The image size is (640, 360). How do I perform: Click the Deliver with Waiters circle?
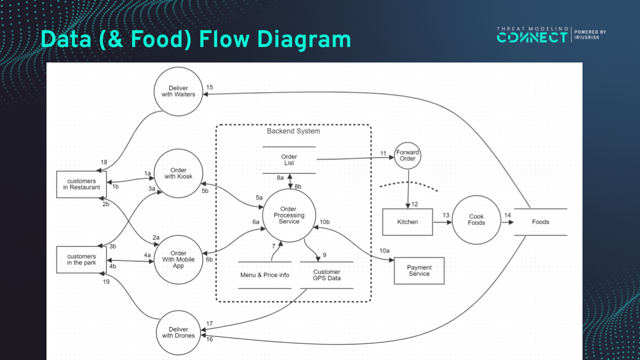pos(178,91)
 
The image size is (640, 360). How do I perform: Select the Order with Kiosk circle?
pos(178,173)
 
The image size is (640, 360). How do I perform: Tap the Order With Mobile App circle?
pos(178,259)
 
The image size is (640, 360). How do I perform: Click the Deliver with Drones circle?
pos(178,332)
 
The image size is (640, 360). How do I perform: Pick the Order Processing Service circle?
pos(289,215)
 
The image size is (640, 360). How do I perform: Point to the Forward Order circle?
pos(407,155)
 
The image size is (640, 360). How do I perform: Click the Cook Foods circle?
pos(476,220)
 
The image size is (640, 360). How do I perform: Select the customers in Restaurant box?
pos(81,184)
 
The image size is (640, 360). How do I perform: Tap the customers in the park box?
pos(81,259)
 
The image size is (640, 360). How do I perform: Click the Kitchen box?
pos(407,222)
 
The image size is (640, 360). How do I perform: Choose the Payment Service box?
pos(419,270)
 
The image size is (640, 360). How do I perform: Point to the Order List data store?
pos(289,160)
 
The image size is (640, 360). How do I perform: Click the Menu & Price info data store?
pos(264,275)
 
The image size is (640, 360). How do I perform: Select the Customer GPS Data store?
pos(326,275)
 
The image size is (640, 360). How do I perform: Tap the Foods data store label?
pos(540,222)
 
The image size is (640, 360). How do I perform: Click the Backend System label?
pos(293,131)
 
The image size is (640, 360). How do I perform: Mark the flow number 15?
pos(209,87)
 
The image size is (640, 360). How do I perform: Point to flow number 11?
pos(383,153)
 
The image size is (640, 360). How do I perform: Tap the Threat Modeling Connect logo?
pos(532,35)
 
